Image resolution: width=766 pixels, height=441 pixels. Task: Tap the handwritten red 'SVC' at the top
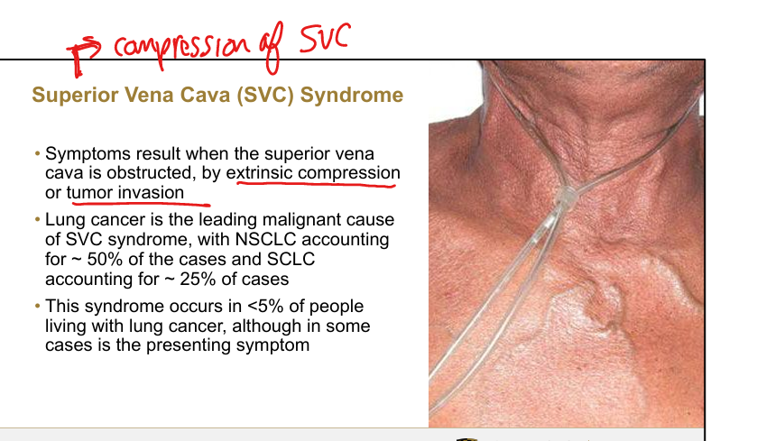click(x=325, y=37)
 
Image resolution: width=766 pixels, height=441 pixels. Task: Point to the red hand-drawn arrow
click(x=83, y=55)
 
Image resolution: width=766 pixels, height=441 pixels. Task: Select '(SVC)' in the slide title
click(x=265, y=96)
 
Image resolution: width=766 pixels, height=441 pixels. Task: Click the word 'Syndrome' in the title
click(x=352, y=96)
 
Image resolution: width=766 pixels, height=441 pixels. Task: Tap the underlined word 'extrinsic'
click(x=260, y=173)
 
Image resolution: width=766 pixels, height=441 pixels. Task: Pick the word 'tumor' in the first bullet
click(x=90, y=192)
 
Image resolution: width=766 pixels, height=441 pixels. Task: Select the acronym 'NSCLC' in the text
click(x=266, y=239)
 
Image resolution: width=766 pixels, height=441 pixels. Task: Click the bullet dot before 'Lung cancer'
click(x=38, y=220)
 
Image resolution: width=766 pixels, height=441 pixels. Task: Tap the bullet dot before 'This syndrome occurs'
click(x=38, y=307)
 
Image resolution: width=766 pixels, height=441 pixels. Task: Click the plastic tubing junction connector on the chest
click(x=567, y=198)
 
